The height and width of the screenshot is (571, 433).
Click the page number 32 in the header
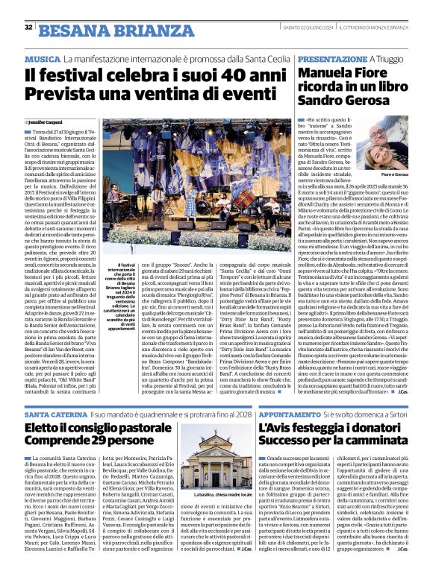click(x=28, y=28)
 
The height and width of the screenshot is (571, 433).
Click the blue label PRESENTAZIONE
click(x=310, y=58)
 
